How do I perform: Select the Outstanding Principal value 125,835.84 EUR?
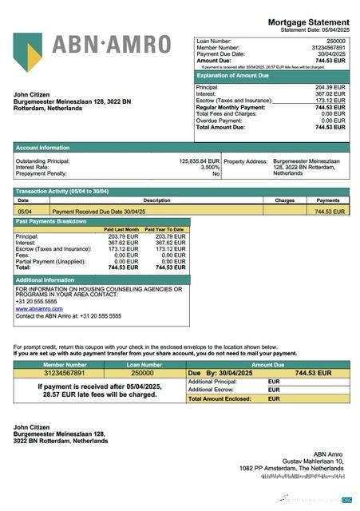199,160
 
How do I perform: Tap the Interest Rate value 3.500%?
209,167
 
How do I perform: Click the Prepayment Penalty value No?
216,173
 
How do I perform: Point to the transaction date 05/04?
24,212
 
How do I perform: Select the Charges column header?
285,200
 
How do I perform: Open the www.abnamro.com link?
39,308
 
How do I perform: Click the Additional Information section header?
45,279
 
